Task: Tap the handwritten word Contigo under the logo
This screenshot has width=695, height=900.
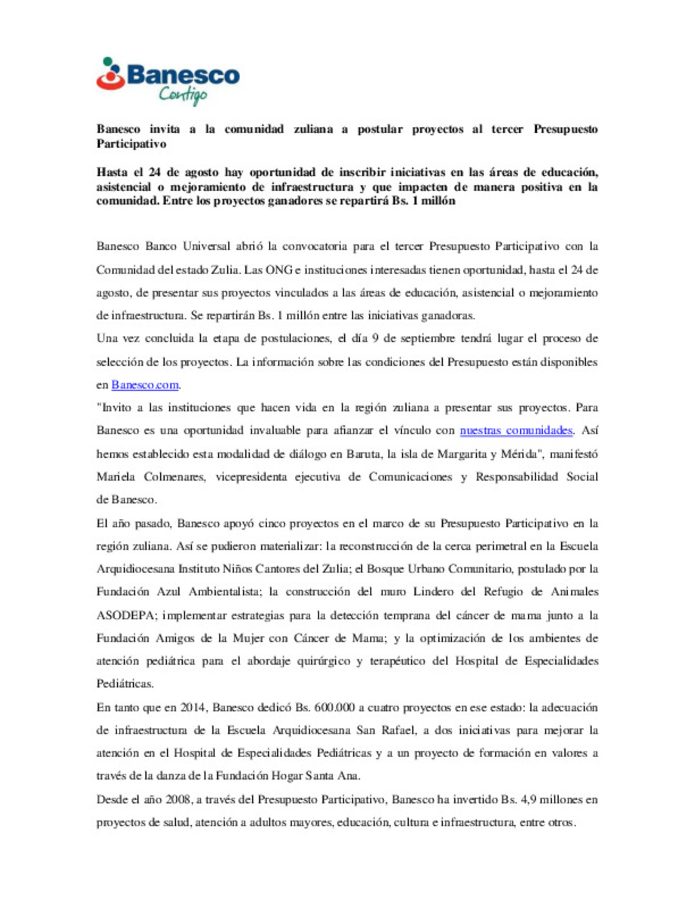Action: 183,95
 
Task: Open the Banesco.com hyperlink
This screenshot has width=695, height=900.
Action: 145,385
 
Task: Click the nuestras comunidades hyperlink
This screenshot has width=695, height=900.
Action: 515,431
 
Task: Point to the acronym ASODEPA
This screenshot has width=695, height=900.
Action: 125,615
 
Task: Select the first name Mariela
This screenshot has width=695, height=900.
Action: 116,477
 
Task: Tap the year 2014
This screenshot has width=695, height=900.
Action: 192,708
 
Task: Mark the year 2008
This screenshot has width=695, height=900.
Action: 178,800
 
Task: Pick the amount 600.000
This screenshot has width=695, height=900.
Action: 334,708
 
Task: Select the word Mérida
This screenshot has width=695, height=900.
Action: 519,454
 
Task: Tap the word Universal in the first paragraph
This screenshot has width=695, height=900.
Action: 206,247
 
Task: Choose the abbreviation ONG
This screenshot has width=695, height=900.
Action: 279,270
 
